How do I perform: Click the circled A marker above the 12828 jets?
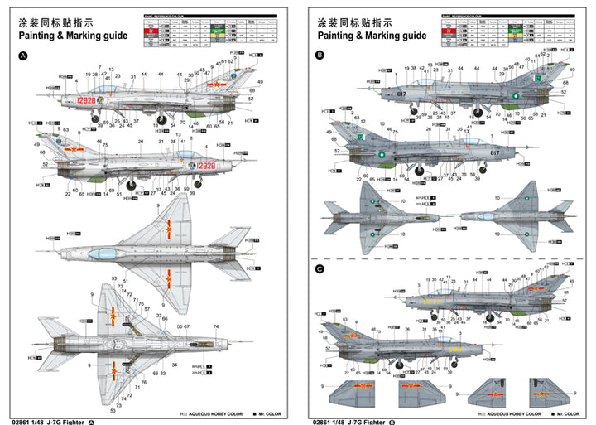[x=22, y=56]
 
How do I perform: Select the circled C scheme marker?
[x=320, y=269]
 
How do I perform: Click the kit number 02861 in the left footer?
[x=26, y=419]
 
